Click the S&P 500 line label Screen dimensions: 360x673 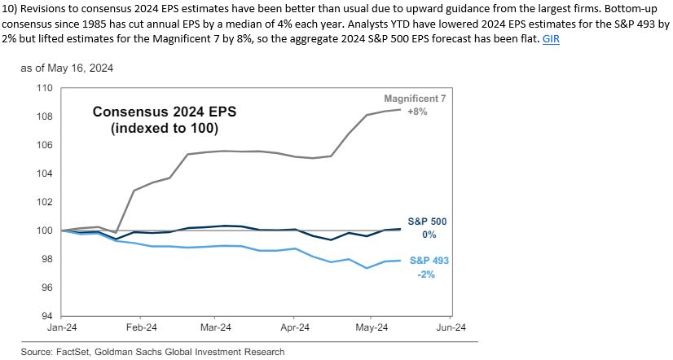(x=427, y=221)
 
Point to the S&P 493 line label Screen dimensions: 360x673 (x=427, y=261)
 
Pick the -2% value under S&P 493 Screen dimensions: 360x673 (x=427, y=274)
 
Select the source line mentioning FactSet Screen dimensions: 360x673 (x=153, y=352)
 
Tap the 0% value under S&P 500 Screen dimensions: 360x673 (x=429, y=235)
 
